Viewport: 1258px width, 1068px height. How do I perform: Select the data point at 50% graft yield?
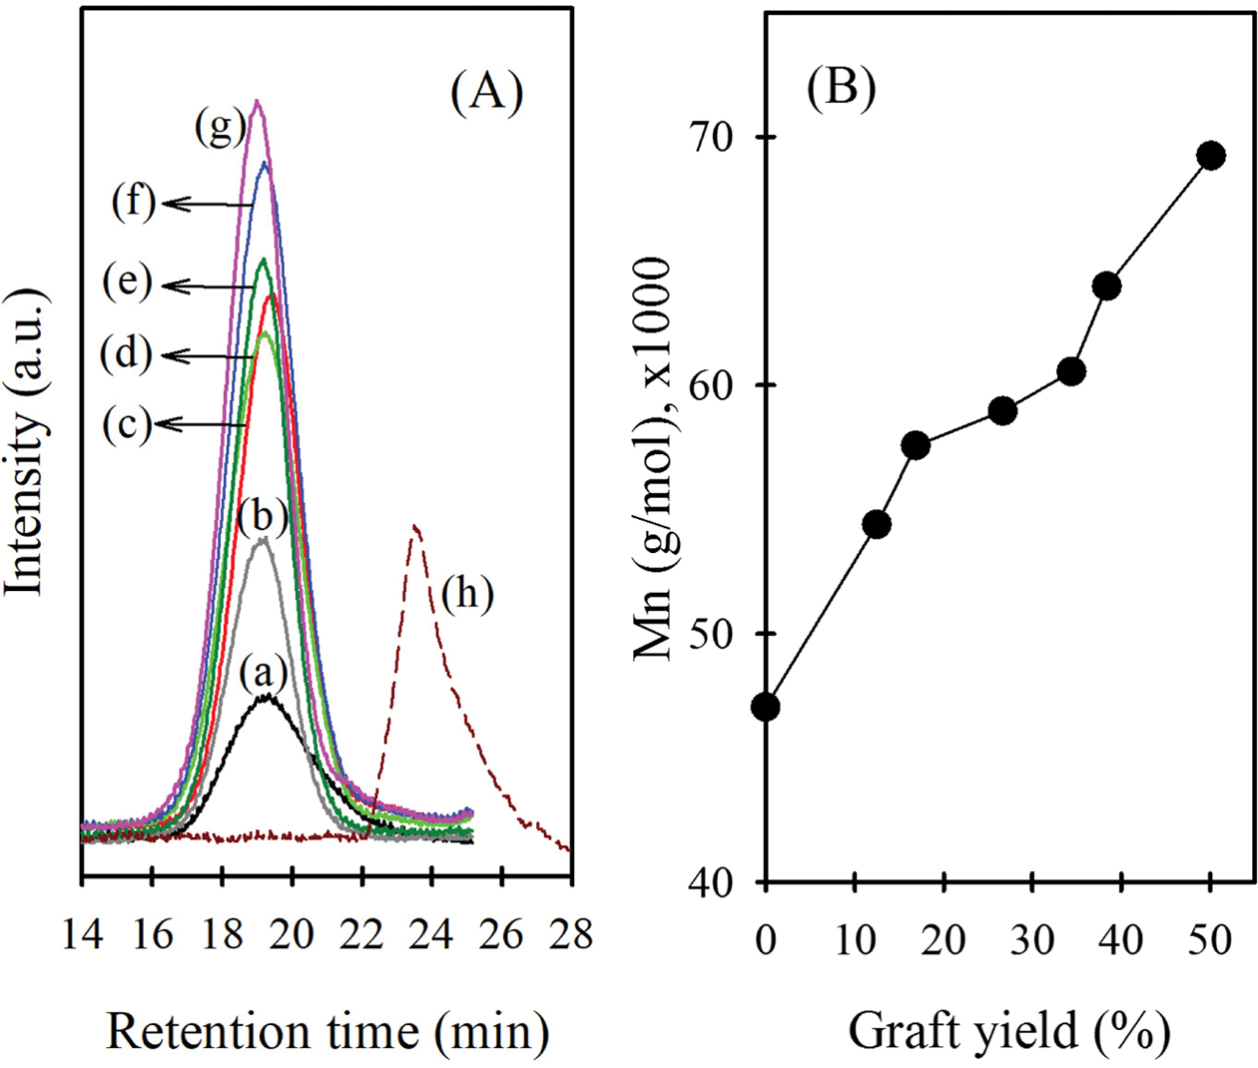pyautogui.click(x=1211, y=156)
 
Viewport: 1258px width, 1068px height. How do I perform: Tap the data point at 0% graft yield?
pyautogui.click(x=766, y=708)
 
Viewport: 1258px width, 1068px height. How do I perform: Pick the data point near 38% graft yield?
pyautogui.click(x=1106, y=286)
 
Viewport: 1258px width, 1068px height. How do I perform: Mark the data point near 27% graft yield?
pyautogui.click(x=1002, y=410)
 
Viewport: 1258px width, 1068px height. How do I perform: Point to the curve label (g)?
pyautogui.click(x=221, y=127)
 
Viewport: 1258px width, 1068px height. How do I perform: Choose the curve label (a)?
pyautogui.click(x=264, y=674)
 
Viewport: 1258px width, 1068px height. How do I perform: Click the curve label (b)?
pyautogui.click(x=264, y=516)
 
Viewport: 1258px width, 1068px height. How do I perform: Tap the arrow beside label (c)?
pyautogui.click(x=200, y=424)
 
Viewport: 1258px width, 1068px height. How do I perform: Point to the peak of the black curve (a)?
pyautogui.click(x=266, y=697)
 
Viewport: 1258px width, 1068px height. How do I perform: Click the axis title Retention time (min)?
pyautogui.click(x=327, y=1031)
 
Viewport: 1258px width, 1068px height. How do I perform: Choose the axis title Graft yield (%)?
pyautogui.click(x=1008, y=1031)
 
